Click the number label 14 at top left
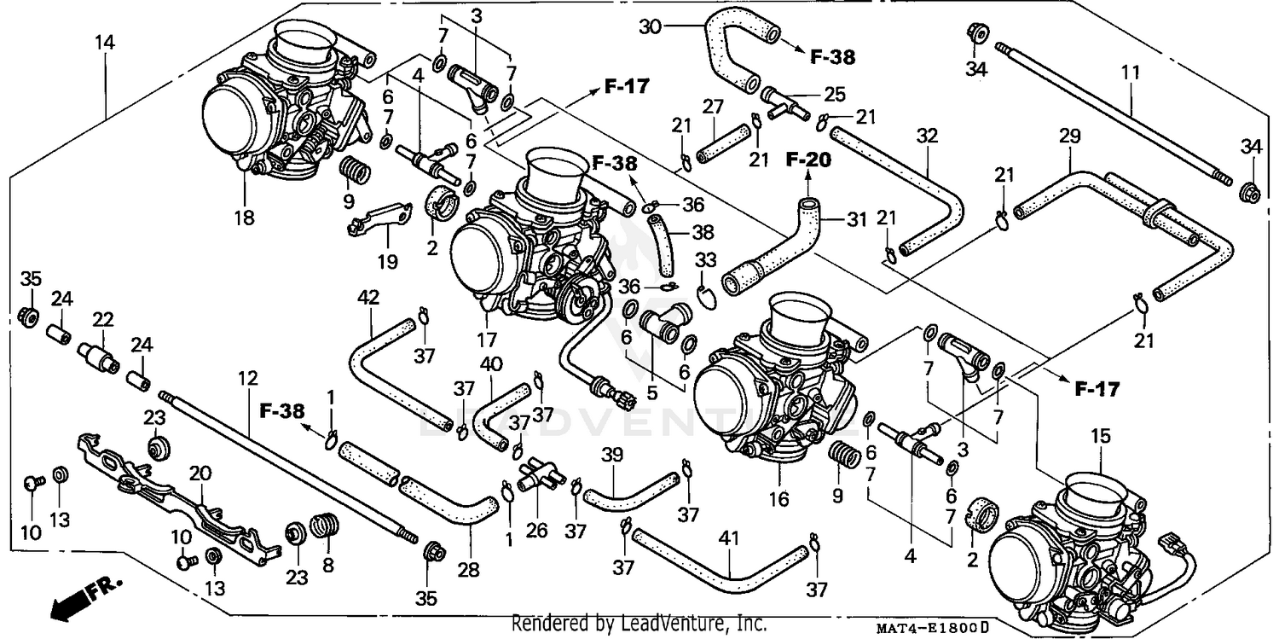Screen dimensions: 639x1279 (x=106, y=40)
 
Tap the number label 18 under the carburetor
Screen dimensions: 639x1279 (x=245, y=218)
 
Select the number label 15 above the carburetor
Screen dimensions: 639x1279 (x=1102, y=436)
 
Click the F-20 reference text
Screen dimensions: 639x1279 (x=808, y=159)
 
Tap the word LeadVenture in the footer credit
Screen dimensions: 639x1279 (x=665, y=624)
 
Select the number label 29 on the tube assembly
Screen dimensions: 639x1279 (x=1070, y=136)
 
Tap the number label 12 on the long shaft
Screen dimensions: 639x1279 (x=247, y=378)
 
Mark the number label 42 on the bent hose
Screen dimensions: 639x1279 (x=368, y=299)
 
